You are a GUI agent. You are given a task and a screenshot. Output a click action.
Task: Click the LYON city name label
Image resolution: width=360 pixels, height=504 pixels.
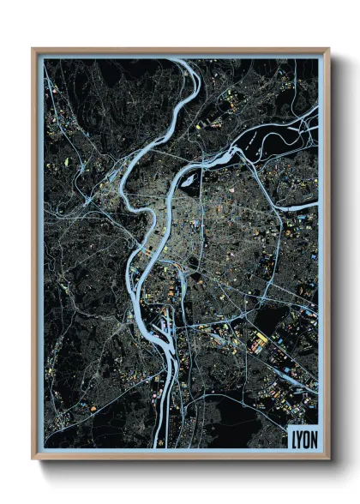click(x=304, y=435)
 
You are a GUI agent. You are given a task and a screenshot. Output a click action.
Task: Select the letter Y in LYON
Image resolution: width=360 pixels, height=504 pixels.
click(x=301, y=435)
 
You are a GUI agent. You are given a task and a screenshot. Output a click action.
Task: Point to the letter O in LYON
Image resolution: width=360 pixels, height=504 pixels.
click(x=308, y=435)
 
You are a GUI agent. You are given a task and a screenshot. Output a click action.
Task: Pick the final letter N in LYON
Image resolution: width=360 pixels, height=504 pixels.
click(x=315, y=435)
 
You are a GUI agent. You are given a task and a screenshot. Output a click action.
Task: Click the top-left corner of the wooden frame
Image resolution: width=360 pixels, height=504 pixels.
click(x=33, y=49)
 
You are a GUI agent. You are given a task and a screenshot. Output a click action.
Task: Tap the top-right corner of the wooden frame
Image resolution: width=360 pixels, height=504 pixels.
click(x=328, y=49)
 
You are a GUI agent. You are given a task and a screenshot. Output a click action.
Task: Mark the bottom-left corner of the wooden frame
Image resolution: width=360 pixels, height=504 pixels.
click(x=33, y=458)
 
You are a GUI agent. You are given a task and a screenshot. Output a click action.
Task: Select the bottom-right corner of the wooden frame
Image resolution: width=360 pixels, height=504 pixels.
click(x=328, y=458)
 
